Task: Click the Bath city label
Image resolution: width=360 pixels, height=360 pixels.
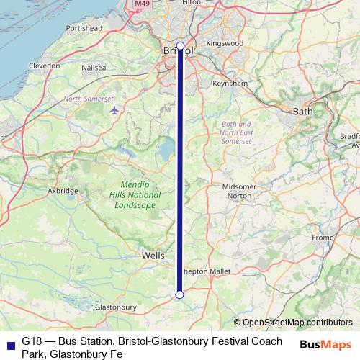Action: [302, 111]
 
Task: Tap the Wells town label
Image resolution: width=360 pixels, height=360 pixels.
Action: [153, 256]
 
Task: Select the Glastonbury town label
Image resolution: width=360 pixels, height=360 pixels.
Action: [115, 307]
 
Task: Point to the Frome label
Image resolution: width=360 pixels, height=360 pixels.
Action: [323, 238]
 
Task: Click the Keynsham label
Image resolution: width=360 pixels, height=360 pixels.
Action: [230, 84]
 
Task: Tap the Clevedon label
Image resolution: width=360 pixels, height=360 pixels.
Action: [44, 65]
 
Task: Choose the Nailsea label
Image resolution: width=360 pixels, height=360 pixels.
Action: [94, 68]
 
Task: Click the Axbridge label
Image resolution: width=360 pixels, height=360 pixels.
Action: [63, 191]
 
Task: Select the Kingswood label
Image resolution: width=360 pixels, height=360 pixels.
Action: [225, 43]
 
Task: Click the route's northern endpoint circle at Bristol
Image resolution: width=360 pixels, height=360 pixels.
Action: [180, 46]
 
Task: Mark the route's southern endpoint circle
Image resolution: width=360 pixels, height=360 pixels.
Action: [179, 294]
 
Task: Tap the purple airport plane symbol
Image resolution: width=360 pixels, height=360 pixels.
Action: [116, 110]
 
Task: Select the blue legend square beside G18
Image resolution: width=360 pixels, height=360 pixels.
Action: [9, 341]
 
